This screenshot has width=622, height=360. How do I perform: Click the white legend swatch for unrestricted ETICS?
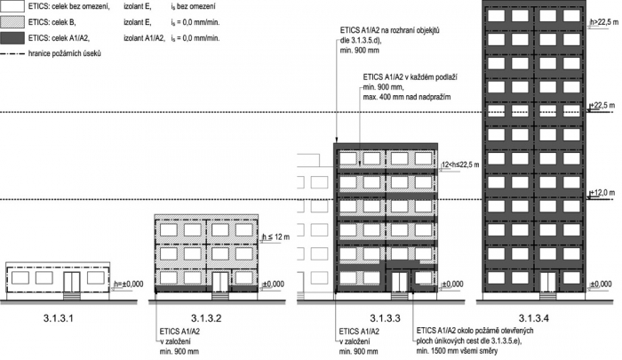coord(12,8)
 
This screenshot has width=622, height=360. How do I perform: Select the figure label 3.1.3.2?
coord(205,316)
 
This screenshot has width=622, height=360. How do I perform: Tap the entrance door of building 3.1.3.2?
coord(219,283)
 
